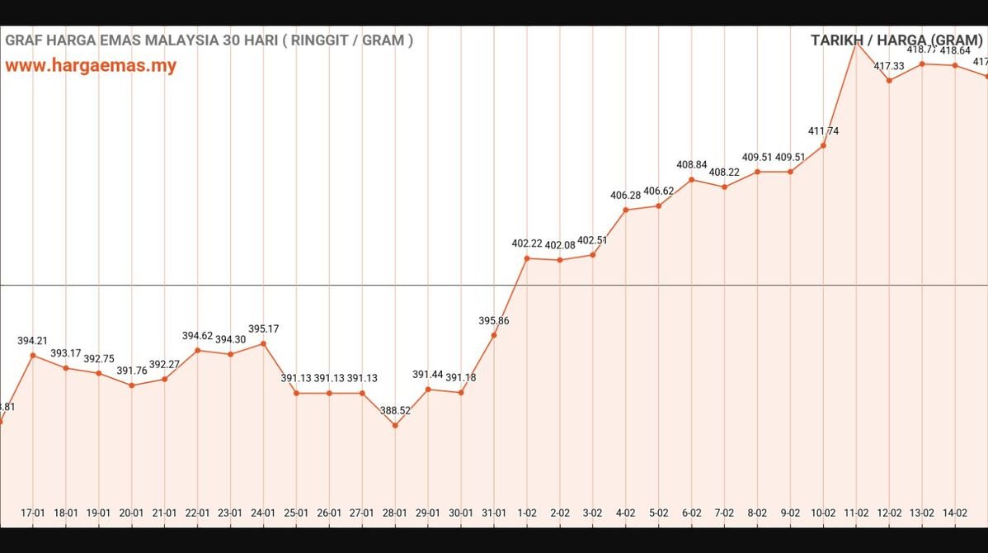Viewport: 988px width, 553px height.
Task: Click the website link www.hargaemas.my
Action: [91, 66]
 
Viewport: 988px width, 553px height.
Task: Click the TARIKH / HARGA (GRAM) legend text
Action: [896, 40]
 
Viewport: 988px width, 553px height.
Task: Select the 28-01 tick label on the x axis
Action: [395, 513]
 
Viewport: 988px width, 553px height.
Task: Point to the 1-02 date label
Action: [527, 513]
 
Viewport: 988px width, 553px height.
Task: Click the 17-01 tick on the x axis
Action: [33, 513]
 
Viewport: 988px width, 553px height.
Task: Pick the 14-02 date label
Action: [955, 513]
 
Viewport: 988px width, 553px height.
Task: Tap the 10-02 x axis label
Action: [823, 513]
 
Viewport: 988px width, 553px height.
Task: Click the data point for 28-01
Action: [395, 426]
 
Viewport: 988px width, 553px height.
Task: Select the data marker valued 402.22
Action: [527, 258]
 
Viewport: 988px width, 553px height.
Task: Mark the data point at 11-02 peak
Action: [856, 43]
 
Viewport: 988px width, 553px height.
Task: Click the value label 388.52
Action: [395, 410]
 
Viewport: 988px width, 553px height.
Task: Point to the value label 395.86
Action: [494, 320]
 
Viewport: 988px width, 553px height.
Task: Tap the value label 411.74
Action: [823, 130]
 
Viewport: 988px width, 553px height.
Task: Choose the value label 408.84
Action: [692, 164]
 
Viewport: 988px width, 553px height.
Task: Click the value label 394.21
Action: [33, 340]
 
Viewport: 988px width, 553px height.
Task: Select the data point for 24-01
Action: [263, 343]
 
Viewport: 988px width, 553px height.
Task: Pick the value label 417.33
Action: [889, 66]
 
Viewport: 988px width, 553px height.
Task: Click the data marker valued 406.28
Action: [626, 210]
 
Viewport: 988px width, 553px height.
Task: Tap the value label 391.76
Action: [132, 371]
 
